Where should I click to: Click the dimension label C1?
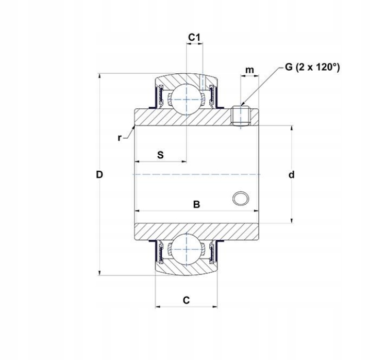point(194,37)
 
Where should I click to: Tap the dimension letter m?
point(249,70)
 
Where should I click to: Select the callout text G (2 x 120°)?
point(311,67)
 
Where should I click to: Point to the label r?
point(119,138)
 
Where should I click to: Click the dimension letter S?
point(160,155)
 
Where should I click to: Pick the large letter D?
point(99,175)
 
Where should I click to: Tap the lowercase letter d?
point(291,175)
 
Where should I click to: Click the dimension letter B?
point(196,205)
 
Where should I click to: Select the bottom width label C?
point(186,300)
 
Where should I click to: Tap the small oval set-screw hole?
point(240,198)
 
